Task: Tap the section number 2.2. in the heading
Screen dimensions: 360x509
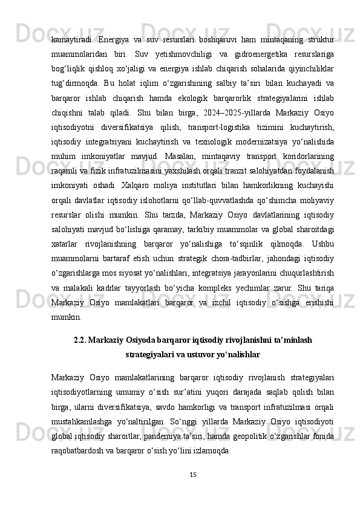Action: pos(82,340)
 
